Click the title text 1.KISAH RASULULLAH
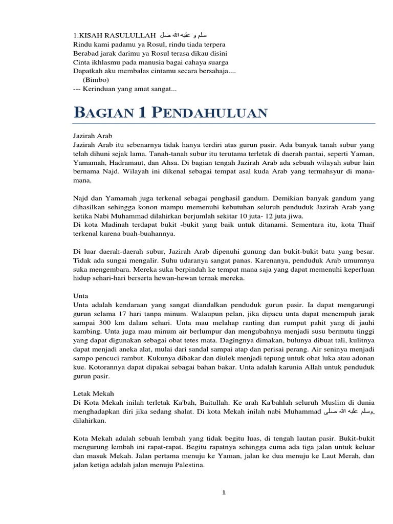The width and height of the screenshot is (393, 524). [114, 35]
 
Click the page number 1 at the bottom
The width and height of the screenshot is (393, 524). [224, 493]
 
